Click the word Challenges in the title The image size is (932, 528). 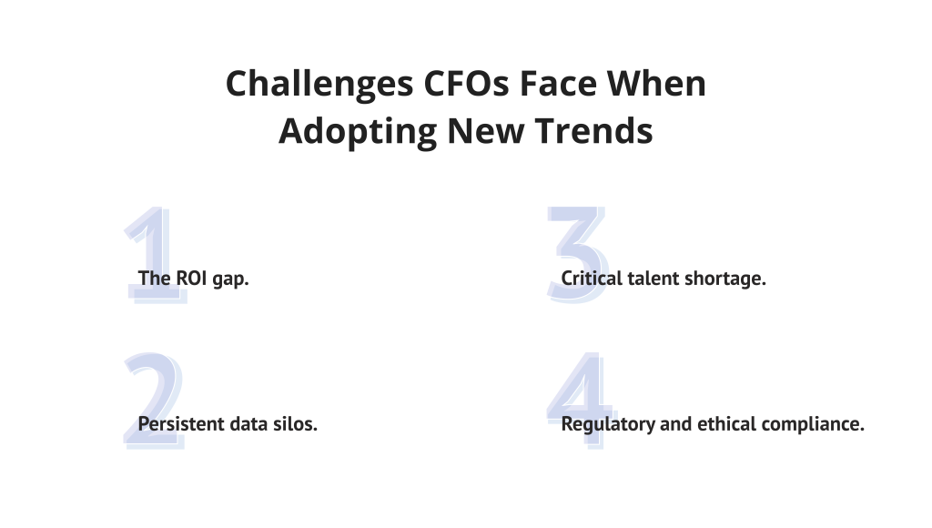[319, 85]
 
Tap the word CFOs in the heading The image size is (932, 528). [466, 83]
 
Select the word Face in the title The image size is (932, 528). [558, 83]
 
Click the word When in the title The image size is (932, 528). [656, 83]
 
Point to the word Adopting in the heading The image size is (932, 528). [358, 132]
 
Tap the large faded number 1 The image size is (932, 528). [155, 255]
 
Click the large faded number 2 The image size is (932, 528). [154, 401]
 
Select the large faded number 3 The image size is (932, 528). [578, 255]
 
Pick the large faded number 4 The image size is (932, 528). [582, 401]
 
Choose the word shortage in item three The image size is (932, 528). [725, 279]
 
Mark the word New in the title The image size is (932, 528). [486, 131]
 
